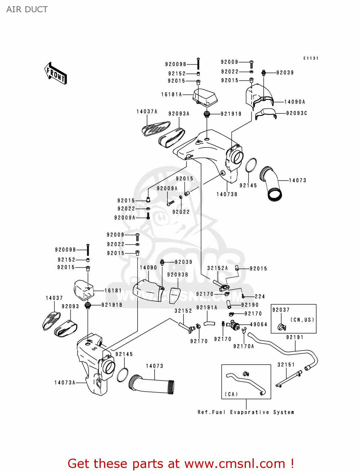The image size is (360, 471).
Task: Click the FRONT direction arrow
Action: click(x=56, y=73)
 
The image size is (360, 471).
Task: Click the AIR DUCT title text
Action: click(x=27, y=9)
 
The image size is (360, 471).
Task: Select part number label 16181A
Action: click(x=172, y=95)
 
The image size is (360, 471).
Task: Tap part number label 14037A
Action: click(x=147, y=111)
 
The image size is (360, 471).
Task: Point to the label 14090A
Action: click(x=295, y=102)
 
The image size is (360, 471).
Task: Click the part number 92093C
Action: click(x=297, y=113)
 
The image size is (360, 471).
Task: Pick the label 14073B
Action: click(x=227, y=194)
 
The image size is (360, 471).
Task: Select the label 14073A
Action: click(x=65, y=382)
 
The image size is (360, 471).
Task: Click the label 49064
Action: click(x=259, y=324)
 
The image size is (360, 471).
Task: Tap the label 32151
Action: click(x=286, y=365)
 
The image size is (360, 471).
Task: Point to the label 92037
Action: click(x=281, y=310)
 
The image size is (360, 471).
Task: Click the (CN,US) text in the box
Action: click(x=302, y=320)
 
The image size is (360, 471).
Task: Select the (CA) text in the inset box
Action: click(x=231, y=394)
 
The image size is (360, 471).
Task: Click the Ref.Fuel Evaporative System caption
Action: click(x=246, y=412)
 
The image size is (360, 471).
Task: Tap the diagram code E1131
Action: click(x=311, y=58)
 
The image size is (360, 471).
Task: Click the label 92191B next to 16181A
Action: click(x=231, y=114)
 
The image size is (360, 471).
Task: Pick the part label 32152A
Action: click(x=217, y=268)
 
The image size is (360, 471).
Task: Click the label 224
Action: click(x=260, y=296)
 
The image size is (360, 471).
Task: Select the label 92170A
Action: click(x=243, y=346)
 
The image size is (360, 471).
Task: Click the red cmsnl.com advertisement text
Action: click(x=181, y=463)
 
